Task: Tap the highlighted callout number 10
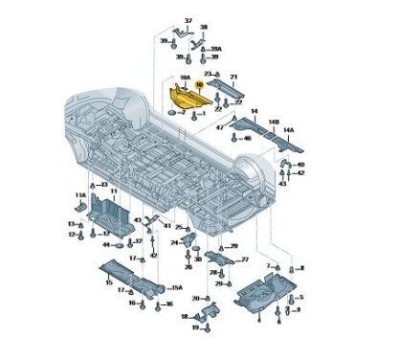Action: pos(198,86)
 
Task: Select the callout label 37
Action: pos(188,21)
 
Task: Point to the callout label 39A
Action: pos(216,49)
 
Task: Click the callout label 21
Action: pos(233,76)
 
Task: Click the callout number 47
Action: pos(219,125)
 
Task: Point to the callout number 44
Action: pos(108,245)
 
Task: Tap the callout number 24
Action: pos(174,243)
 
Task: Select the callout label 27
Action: pos(244,259)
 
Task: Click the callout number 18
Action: pos(185,316)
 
